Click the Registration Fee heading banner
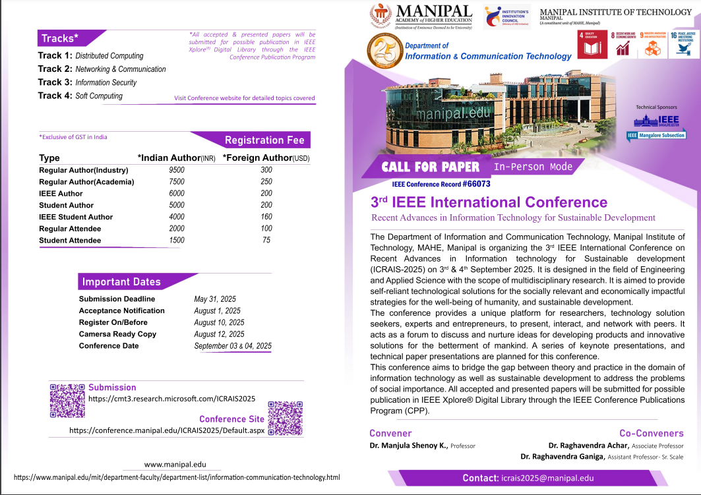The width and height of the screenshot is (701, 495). click(x=264, y=140)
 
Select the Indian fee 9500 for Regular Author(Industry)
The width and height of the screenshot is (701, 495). click(x=177, y=170)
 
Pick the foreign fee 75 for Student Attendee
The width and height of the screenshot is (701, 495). click(x=266, y=241)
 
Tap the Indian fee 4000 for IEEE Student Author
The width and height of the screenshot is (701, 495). click(x=177, y=217)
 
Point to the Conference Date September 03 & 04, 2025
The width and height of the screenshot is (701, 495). click(x=232, y=346)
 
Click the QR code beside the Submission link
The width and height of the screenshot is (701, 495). click(x=67, y=400)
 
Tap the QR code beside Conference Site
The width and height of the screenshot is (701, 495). click(x=285, y=417)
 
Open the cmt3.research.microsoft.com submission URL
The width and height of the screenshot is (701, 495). click(x=171, y=399)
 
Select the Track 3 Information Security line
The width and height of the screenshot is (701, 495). click(x=88, y=82)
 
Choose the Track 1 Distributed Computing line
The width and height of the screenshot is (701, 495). click(x=91, y=56)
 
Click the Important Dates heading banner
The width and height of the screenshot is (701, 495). click(x=121, y=282)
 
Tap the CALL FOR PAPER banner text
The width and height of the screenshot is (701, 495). click(x=431, y=167)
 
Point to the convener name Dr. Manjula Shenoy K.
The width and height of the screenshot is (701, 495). click(x=409, y=446)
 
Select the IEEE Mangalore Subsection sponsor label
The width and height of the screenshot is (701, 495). click(x=656, y=135)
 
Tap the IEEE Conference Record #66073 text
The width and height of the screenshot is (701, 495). click(x=441, y=184)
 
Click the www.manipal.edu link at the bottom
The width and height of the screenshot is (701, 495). click(x=175, y=465)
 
